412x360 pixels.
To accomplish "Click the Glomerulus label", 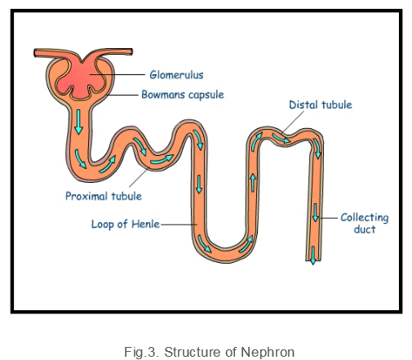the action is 176,74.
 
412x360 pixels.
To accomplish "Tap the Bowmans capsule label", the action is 183,95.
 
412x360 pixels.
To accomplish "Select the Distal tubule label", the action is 321,104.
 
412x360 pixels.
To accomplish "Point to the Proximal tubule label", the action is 104,196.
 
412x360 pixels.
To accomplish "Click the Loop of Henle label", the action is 126,224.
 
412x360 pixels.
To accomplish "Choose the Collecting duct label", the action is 365,223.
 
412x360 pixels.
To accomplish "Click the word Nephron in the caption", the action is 268,352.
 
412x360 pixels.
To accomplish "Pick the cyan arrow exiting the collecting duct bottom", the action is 313,256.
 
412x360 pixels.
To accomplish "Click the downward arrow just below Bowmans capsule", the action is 78,122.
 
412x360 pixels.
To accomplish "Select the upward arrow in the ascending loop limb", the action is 253,183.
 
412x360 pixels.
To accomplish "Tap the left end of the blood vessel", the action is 35,53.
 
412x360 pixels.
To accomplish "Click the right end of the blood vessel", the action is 131,51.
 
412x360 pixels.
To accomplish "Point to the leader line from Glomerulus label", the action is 117,74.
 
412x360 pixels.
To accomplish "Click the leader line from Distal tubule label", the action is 294,122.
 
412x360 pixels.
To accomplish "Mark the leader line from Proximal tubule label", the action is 140,177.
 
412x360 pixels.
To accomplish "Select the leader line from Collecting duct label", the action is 329,218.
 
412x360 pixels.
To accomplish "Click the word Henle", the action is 145,224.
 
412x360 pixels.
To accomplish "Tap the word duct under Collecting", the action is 365,229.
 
